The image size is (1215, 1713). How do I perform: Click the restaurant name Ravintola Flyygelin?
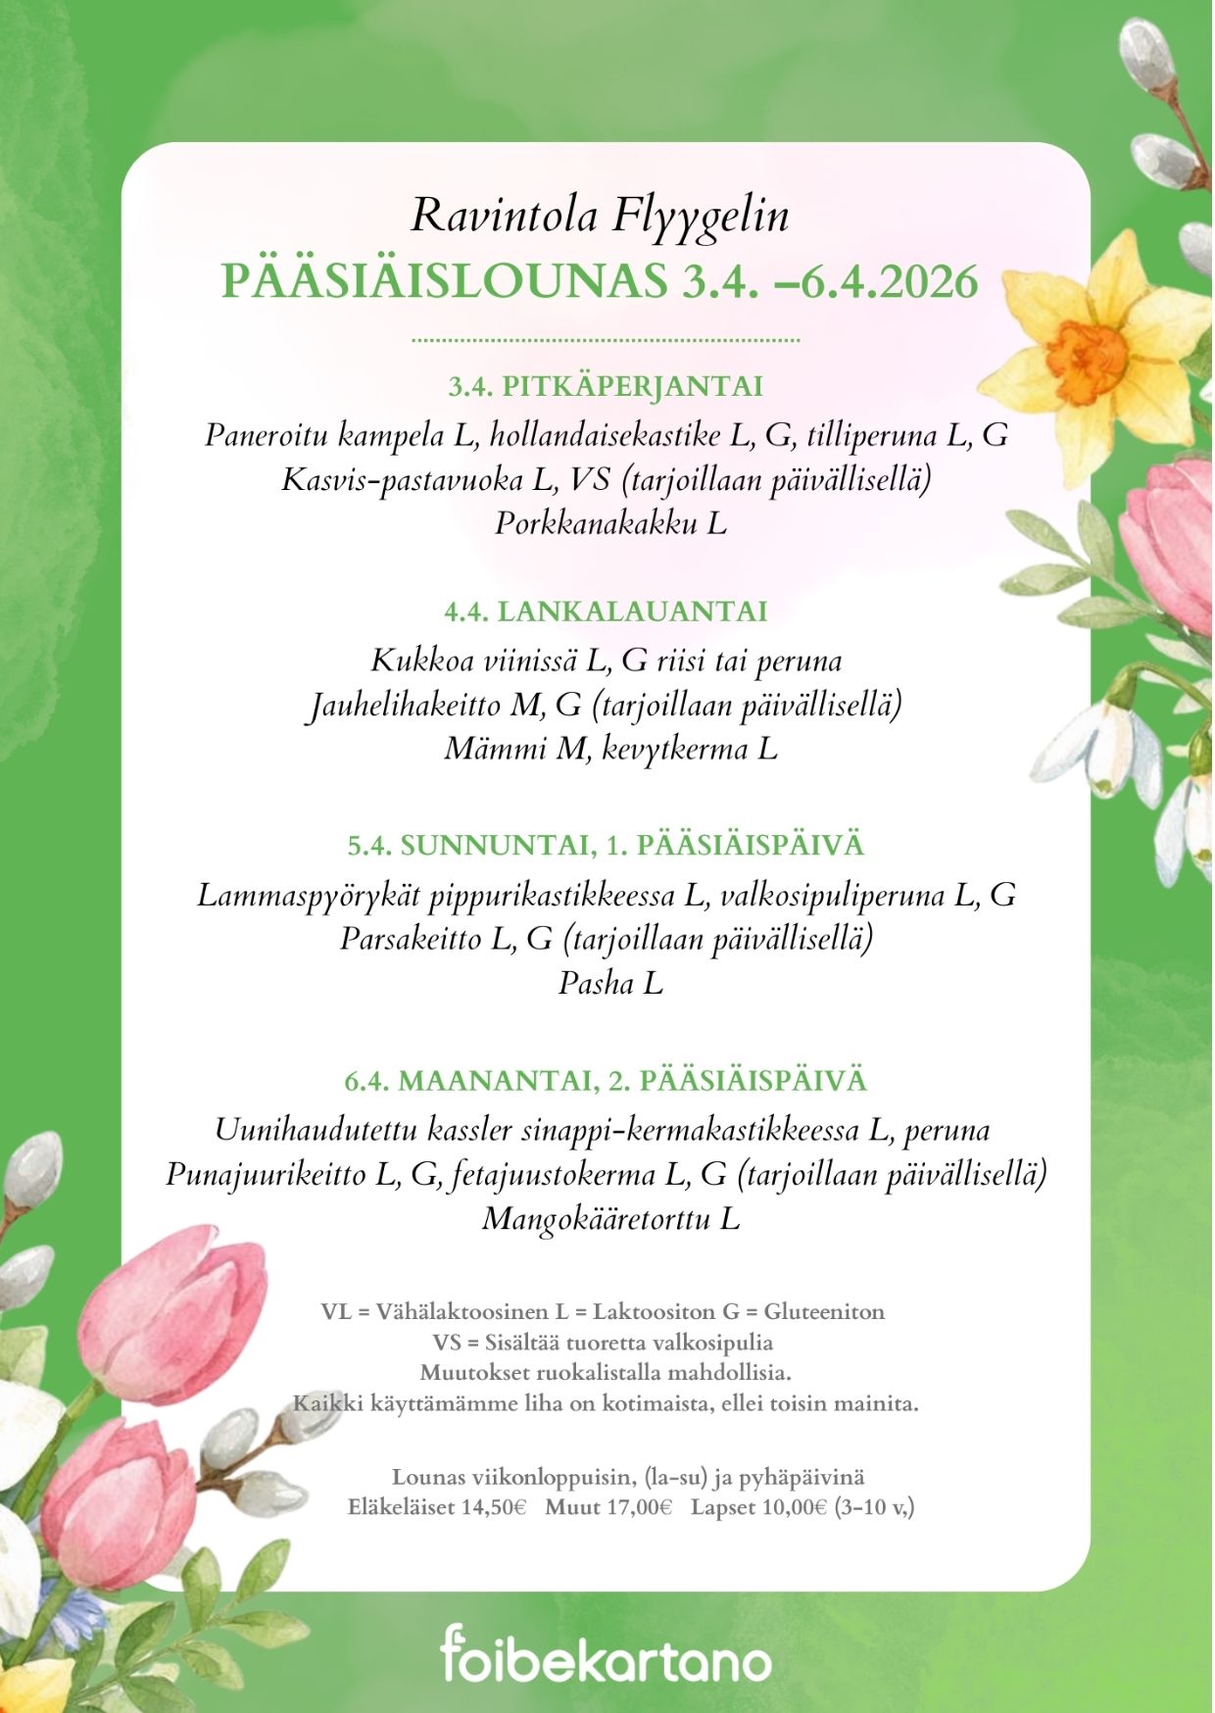coord(600,216)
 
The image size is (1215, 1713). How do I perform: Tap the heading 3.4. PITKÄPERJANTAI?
coord(606,386)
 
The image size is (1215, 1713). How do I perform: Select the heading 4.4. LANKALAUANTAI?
coord(606,612)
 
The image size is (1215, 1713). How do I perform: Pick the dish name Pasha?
coord(596,983)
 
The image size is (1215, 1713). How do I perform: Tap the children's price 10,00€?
coord(795,1507)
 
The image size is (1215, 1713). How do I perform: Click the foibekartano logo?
coord(606,1656)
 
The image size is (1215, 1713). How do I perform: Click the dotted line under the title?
coord(606,340)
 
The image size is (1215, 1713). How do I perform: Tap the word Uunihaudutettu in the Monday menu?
coord(316,1130)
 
